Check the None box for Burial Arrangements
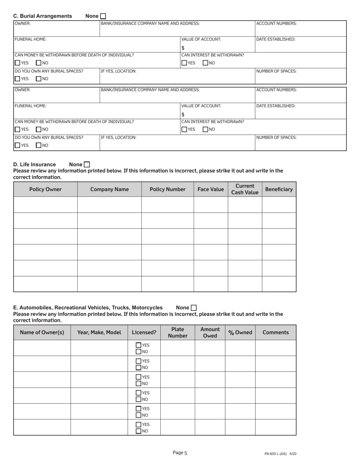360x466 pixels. (103, 16)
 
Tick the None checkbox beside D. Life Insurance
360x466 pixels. (87, 164)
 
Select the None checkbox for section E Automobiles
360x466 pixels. (194, 308)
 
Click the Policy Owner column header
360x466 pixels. (45, 189)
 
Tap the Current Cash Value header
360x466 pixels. (245, 189)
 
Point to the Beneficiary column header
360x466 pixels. (279, 189)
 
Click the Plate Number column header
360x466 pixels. (178, 332)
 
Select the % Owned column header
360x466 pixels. (240, 333)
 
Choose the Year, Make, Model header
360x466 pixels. (99, 333)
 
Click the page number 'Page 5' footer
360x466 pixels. (180, 452)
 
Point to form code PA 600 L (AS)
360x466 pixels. (280, 453)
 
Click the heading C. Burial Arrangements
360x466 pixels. (42, 16)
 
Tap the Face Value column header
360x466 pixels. (211, 189)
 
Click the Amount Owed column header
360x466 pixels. (210, 332)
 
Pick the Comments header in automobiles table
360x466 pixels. (275, 333)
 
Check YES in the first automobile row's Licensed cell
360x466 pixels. (139, 345)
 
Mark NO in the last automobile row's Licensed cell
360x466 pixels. (139, 431)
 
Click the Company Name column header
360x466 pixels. (110, 189)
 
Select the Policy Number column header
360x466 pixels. (167, 189)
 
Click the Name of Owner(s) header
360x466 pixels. (42, 333)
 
